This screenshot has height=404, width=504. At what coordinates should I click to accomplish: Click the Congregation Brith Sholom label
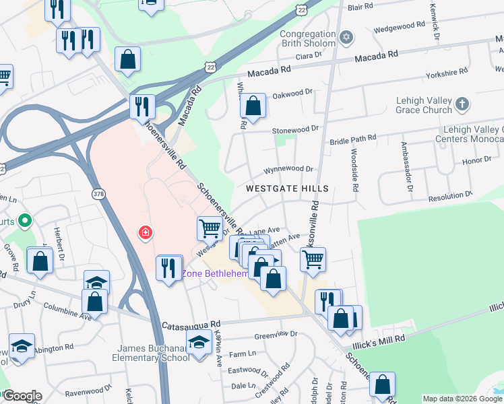(307, 39)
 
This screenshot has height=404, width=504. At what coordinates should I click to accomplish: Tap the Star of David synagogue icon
(347, 36)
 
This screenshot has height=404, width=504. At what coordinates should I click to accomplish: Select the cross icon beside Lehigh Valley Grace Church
(462, 104)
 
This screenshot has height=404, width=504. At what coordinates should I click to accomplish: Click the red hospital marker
(144, 233)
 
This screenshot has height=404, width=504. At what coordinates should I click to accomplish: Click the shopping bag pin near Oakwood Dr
(253, 107)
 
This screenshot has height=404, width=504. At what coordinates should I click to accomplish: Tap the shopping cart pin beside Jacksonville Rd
(313, 259)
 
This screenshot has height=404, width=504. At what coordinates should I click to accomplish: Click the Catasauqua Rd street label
(191, 325)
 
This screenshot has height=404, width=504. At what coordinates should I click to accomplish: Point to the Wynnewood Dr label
(289, 170)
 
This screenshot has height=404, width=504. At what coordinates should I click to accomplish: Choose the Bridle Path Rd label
(352, 139)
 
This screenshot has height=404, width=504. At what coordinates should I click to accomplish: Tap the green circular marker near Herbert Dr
(26, 220)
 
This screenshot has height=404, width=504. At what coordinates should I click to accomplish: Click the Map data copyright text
(462, 399)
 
